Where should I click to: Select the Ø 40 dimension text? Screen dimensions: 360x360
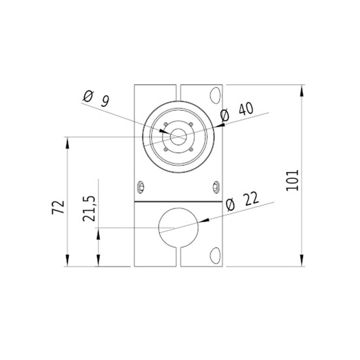coord(238,112)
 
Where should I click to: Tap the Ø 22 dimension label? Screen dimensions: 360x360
coord(242,202)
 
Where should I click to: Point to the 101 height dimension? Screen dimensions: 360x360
coord(293,180)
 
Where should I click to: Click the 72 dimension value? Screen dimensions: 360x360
coord(58,207)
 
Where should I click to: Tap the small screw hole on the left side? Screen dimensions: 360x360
coord(140,187)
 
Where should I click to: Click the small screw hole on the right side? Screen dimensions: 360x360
coord(216,187)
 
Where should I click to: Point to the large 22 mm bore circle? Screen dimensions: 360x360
coord(179,228)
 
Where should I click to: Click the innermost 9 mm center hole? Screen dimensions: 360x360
coord(179,137)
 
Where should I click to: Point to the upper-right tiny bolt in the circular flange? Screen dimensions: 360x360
coord(191,124)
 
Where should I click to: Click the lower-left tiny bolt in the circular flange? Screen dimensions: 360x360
coord(165,150)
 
